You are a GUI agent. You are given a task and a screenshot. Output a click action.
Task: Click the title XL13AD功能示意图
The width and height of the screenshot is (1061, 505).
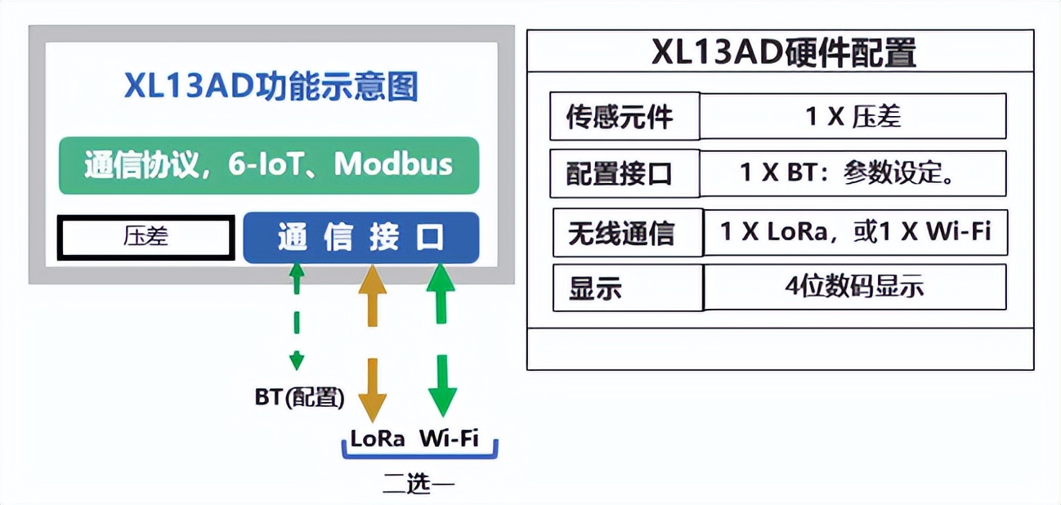pos(271,86)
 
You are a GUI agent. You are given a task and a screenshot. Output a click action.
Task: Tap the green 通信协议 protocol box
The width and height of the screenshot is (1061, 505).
pos(269,165)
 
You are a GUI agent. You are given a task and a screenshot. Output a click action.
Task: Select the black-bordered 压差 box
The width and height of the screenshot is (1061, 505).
pos(145,237)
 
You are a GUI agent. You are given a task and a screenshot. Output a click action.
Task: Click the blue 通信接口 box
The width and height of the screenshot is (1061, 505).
pos(361,238)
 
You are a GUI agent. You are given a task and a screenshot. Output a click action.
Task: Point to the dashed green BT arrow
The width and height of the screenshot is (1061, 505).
pos(297,316)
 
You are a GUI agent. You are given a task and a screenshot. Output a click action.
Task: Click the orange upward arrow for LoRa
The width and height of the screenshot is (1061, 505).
pos(372,295)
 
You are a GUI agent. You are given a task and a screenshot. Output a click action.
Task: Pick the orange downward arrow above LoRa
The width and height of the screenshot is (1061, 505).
pos(372,390)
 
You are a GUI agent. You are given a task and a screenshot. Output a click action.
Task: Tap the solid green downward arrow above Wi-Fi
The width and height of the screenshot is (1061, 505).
pos(442,386)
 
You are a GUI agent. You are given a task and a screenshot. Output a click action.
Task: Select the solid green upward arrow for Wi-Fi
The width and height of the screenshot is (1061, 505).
pos(441,293)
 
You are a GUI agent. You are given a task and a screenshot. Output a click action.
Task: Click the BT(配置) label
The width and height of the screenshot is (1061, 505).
pos(299,397)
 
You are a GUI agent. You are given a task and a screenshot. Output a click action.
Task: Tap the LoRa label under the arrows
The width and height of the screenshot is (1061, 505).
pos(378,439)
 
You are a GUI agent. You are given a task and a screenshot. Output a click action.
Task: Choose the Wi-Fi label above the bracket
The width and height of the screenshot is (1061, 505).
pos(449,438)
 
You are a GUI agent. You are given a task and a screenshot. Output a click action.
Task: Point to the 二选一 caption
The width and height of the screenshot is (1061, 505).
pos(419,483)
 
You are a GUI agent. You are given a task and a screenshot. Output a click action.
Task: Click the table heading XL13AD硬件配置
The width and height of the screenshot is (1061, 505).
pos(783,52)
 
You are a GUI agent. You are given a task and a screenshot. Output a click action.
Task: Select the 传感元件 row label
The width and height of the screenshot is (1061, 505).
pos(620,116)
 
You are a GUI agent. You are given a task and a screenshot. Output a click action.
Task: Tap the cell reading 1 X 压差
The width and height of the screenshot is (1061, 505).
pos(853,116)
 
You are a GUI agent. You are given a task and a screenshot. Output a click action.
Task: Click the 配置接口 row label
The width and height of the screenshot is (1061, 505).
pos(620,174)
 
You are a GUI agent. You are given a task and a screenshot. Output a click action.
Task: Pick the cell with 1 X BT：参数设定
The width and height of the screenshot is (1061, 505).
pos(853,173)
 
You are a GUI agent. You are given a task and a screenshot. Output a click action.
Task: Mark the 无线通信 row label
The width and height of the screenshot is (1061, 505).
pos(621,233)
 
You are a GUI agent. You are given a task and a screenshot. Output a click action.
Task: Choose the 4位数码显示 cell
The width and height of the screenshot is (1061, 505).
pos(856,287)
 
